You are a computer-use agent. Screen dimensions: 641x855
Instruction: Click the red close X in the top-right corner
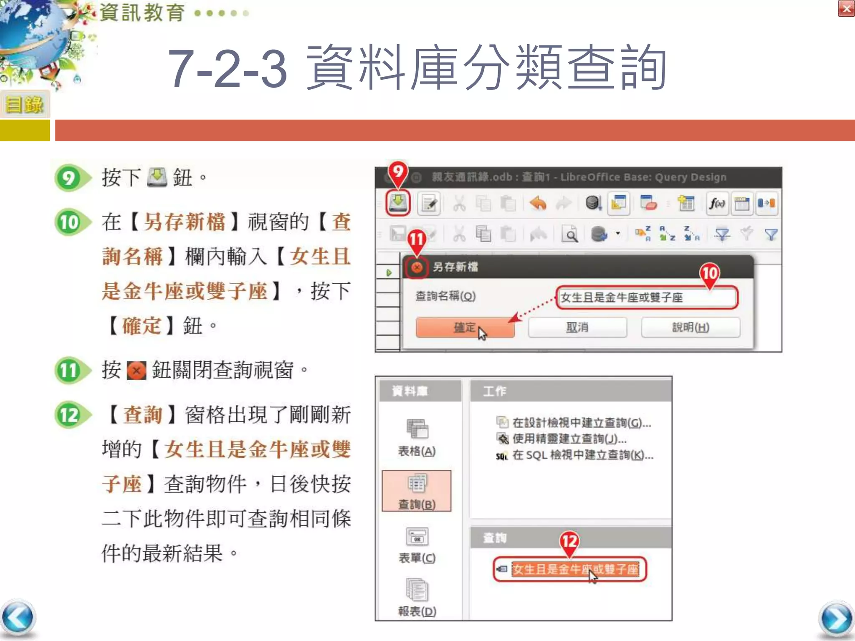pos(846,9)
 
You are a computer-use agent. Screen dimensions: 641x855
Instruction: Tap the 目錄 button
pos(25,104)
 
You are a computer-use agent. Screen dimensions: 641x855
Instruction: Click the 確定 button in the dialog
pos(465,327)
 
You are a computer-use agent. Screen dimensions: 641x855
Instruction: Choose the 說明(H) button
pos(691,327)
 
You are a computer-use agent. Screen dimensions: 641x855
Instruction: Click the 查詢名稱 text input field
pos(647,298)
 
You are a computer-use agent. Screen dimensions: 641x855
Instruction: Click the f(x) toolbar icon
pos(717,204)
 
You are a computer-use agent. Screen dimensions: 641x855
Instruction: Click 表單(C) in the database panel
pos(417,545)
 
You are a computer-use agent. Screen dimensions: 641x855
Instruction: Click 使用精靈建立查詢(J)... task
pos(569,439)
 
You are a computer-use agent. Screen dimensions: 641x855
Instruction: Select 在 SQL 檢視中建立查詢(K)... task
pos(582,455)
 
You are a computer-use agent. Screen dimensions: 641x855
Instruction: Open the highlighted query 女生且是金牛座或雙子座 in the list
pos(575,569)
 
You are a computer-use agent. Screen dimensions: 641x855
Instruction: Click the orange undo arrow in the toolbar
pos(538,204)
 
